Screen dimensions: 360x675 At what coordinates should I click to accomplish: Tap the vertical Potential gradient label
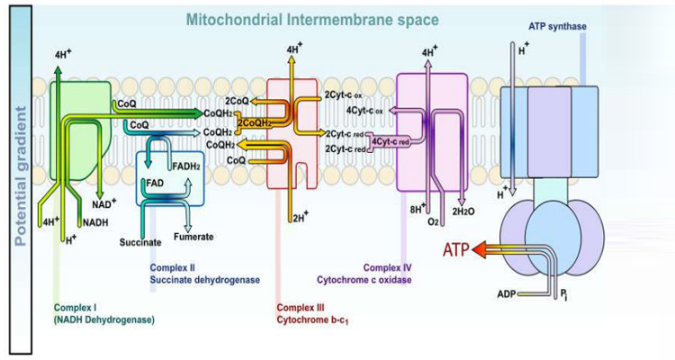click(21, 176)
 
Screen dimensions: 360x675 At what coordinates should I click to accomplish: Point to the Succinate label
click(139, 242)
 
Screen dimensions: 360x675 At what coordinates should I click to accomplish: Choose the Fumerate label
click(193, 237)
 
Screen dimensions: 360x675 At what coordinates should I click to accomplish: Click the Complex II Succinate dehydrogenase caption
click(203, 274)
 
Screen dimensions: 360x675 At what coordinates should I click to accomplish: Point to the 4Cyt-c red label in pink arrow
click(391, 141)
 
